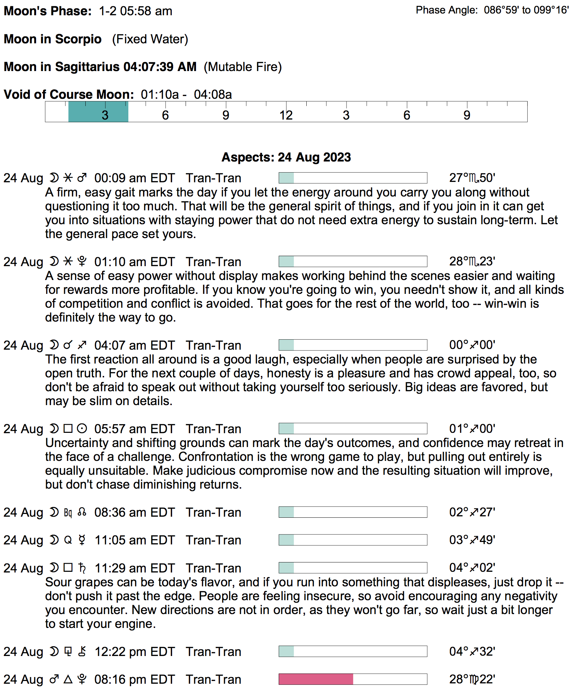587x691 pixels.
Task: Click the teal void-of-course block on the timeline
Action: (x=98, y=112)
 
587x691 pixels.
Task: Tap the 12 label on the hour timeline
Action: (x=286, y=115)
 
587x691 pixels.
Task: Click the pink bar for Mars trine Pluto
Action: (x=316, y=679)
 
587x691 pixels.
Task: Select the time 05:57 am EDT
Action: (x=135, y=429)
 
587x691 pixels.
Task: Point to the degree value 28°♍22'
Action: (x=472, y=679)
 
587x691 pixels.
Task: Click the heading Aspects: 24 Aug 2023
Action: (x=286, y=157)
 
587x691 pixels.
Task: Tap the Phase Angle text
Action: (x=492, y=10)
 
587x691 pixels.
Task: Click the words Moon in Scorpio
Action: (x=53, y=39)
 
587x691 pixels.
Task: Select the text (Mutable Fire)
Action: (x=243, y=67)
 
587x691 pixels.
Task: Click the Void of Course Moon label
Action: (x=69, y=95)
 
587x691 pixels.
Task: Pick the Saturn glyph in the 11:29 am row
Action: (x=82, y=568)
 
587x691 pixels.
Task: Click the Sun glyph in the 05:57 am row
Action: (x=82, y=429)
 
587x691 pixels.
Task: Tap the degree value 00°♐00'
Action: (x=472, y=345)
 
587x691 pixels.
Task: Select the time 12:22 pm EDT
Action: (x=135, y=652)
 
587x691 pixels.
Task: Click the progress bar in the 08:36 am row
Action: (x=353, y=512)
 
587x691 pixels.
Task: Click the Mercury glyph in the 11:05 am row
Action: (x=82, y=540)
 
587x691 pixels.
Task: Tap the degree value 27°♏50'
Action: (x=472, y=178)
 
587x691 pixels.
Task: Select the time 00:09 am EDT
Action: (x=135, y=178)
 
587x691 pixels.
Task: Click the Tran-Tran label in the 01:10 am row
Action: (x=213, y=262)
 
